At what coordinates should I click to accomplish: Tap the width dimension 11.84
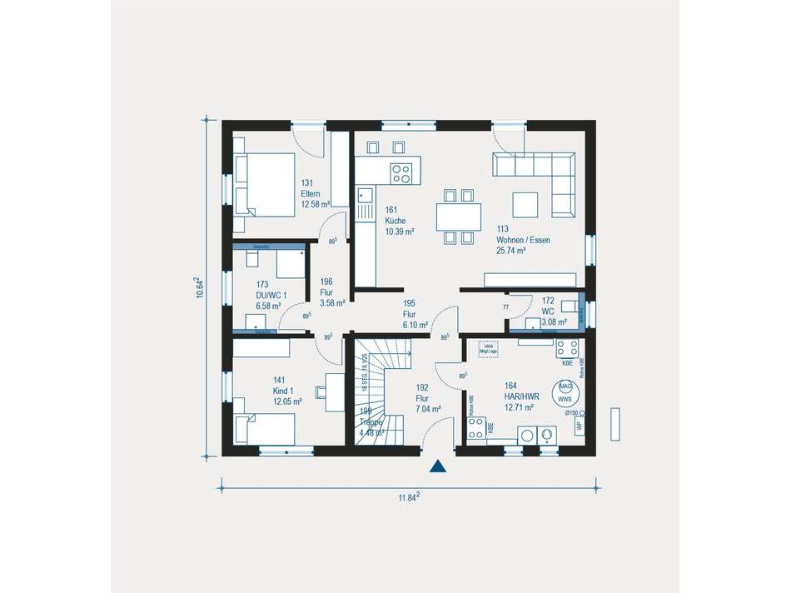407,497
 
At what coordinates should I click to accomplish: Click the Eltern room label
311,193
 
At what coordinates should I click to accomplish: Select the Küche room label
394,221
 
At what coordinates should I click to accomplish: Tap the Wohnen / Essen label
523,240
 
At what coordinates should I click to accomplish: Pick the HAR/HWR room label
521,396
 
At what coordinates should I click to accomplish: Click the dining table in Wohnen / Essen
460,217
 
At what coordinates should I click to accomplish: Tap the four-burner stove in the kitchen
402,173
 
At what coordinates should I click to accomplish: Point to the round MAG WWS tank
565,391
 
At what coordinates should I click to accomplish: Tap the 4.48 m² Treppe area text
371,432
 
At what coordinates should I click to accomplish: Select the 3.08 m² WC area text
554,321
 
